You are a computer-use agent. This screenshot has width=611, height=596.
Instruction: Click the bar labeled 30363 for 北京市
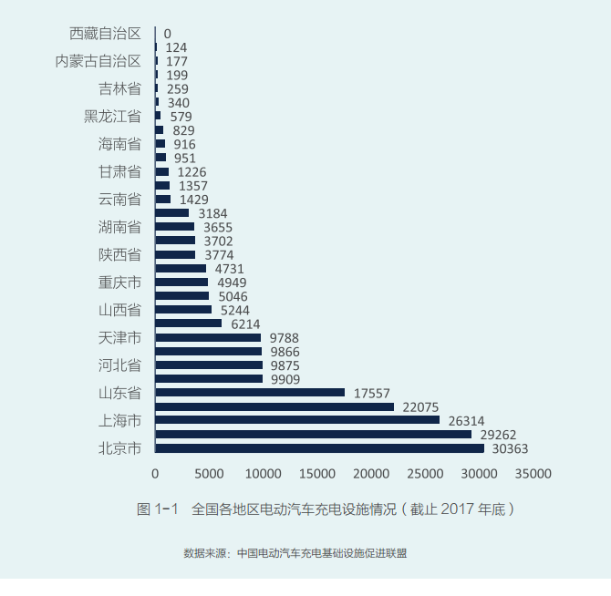[x=319, y=448]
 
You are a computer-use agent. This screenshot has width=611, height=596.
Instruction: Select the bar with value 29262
[x=313, y=435]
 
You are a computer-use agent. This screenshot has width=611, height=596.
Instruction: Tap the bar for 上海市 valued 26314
[x=297, y=420]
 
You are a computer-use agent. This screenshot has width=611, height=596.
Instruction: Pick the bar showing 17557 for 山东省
[x=250, y=393]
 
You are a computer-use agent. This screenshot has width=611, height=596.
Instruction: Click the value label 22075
[x=421, y=406]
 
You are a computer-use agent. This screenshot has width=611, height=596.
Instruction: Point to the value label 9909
[x=285, y=379]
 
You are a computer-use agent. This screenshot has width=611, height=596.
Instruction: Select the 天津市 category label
[x=119, y=338]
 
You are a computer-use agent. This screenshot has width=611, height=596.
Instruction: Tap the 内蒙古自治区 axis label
[x=98, y=61]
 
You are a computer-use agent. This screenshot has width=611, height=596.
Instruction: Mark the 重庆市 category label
[x=119, y=283]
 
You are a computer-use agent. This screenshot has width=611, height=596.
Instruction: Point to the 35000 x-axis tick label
[x=533, y=474]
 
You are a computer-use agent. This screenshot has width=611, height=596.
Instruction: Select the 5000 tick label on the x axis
[x=209, y=474]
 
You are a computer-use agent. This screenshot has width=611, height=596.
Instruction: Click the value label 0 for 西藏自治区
[x=168, y=34]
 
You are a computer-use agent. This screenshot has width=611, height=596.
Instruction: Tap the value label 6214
[x=245, y=324]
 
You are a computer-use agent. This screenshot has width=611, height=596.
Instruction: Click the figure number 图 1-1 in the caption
[x=157, y=509]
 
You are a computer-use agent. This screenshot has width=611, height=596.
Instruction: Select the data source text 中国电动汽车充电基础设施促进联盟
[x=322, y=553]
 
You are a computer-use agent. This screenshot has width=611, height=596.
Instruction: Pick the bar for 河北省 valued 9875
[x=208, y=365]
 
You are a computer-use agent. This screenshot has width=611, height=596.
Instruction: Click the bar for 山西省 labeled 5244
[x=183, y=310]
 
